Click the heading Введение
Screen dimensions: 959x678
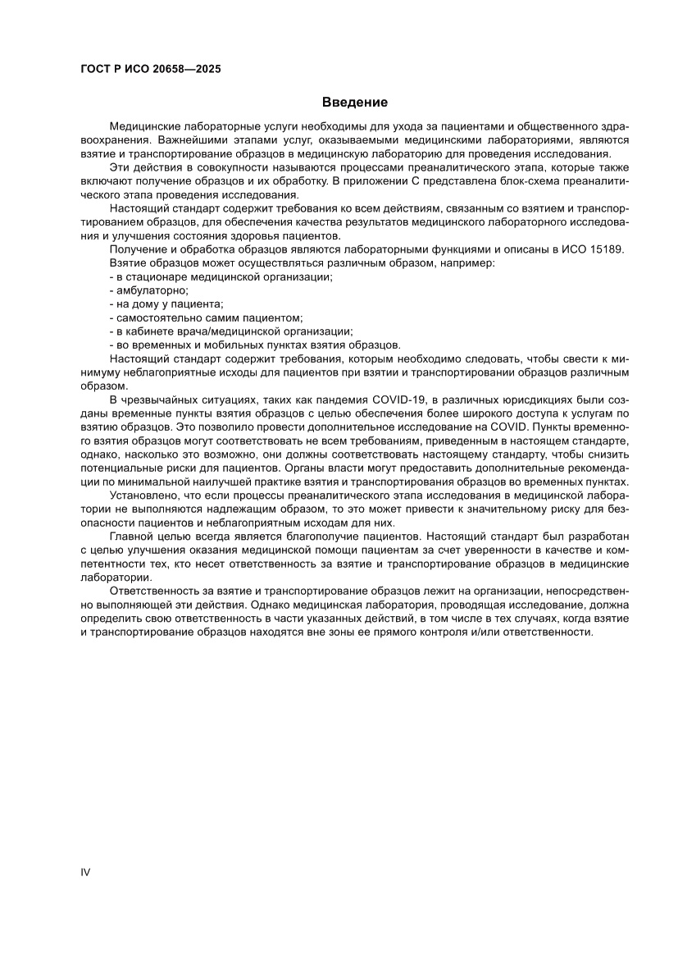click(354, 103)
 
